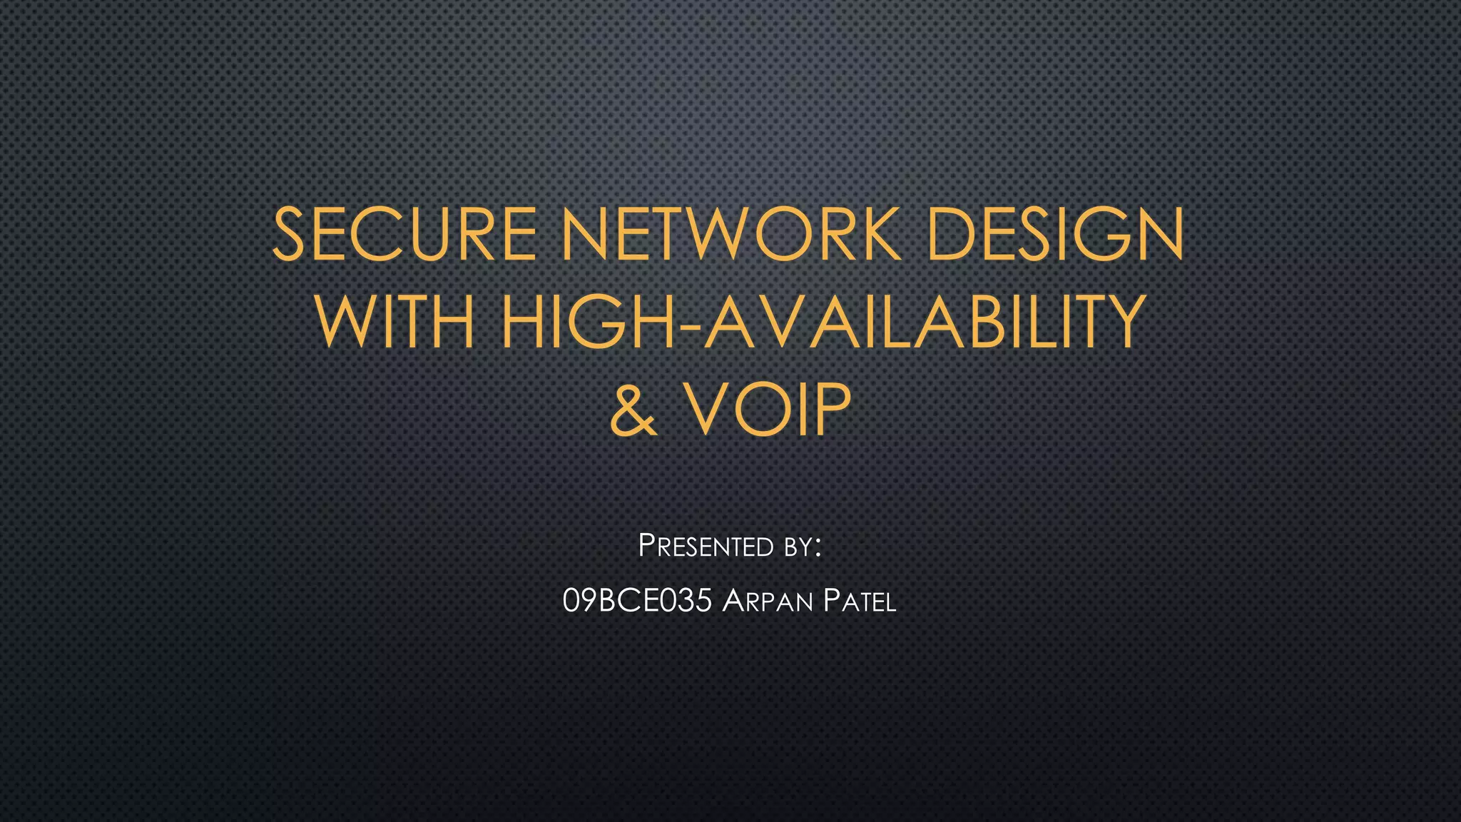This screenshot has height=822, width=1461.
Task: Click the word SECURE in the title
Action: point(404,233)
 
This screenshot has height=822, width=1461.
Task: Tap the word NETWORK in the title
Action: point(730,233)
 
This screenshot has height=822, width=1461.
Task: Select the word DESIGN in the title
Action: point(1055,233)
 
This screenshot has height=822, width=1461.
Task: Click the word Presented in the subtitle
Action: point(706,547)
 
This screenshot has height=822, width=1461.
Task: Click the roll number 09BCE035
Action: point(637,601)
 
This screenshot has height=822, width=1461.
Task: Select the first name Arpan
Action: point(767,602)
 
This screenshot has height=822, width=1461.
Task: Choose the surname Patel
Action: point(859,602)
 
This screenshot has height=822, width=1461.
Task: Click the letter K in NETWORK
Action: point(879,233)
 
